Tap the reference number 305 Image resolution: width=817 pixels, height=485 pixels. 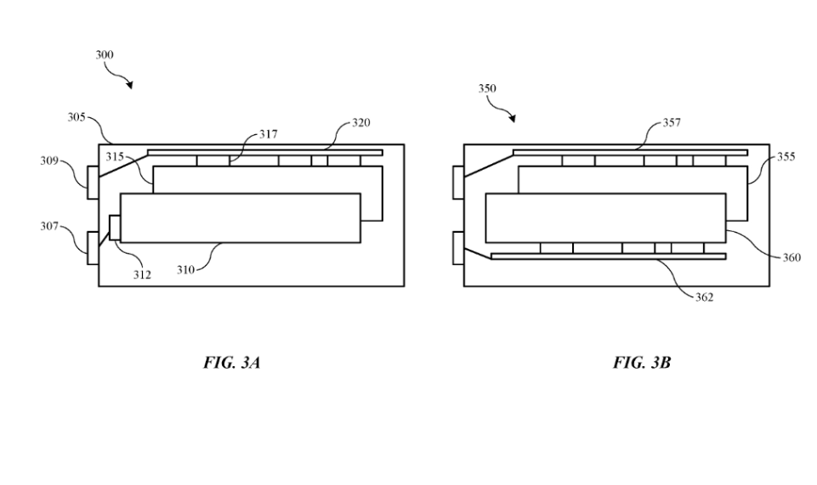[77, 117]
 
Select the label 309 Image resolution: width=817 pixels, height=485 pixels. [49, 161]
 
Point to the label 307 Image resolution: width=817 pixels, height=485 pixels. [49, 227]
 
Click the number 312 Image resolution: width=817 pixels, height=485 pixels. [141, 275]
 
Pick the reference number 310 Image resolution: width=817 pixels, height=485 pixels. [185, 269]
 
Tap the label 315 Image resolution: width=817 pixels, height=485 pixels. [115, 157]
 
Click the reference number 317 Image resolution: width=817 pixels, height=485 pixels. [268, 134]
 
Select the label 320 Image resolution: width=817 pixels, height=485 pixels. [361, 123]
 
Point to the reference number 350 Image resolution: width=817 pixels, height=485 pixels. [487, 88]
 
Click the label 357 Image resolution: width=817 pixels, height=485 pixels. [672, 123]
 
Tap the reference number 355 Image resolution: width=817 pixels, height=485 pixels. [786, 157]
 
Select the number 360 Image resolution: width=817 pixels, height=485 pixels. [791, 257]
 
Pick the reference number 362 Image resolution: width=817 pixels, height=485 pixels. [704, 297]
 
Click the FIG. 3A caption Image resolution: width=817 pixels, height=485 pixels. [231, 363]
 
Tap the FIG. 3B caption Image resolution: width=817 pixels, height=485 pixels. [642, 363]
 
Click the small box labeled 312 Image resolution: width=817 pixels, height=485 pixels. [115, 228]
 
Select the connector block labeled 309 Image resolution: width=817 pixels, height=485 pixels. [93, 183]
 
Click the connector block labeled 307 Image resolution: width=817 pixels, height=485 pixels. [93, 247]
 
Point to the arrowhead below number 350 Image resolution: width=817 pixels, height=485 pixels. [512, 119]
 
